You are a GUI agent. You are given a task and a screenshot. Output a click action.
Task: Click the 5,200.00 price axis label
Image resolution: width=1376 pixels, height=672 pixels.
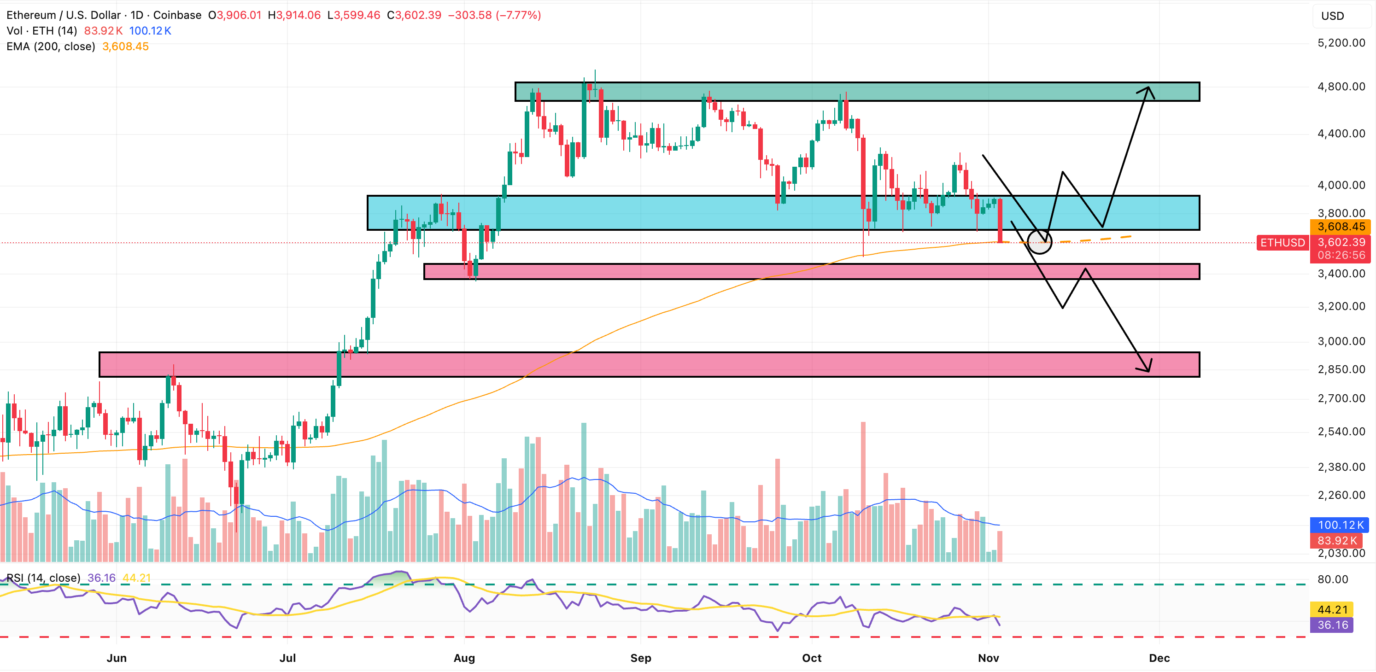[1341, 43]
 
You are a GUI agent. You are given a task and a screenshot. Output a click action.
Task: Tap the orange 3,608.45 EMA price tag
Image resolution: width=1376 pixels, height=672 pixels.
[1341, 227]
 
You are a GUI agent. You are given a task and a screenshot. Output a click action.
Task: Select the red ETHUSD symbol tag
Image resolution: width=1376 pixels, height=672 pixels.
[1282, 243]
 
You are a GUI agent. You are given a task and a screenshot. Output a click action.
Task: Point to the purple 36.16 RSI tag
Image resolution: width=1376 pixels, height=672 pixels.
[1332, 625]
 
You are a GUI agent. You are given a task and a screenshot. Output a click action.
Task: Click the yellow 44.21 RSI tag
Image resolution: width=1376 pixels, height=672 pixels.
[1332, 609]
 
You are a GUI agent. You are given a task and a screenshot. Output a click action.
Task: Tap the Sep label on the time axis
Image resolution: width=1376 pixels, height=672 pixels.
[640, 658]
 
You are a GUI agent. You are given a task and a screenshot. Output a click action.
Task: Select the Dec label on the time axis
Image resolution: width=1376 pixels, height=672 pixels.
[1159, 658]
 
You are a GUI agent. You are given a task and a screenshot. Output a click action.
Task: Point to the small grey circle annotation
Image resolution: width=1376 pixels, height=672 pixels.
[1039, 242]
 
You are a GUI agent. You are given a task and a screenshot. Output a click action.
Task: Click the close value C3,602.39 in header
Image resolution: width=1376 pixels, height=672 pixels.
[414, 15]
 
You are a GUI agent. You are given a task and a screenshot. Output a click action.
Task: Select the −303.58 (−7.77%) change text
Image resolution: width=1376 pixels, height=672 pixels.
[494, 15]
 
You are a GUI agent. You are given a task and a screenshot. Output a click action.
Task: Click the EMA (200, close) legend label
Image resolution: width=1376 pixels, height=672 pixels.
[51, 47]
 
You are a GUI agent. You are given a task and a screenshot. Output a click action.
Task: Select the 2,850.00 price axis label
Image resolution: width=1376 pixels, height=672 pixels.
[1341, 369]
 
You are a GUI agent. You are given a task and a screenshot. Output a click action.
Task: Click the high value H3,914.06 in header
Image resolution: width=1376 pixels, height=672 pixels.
[294, 15]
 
